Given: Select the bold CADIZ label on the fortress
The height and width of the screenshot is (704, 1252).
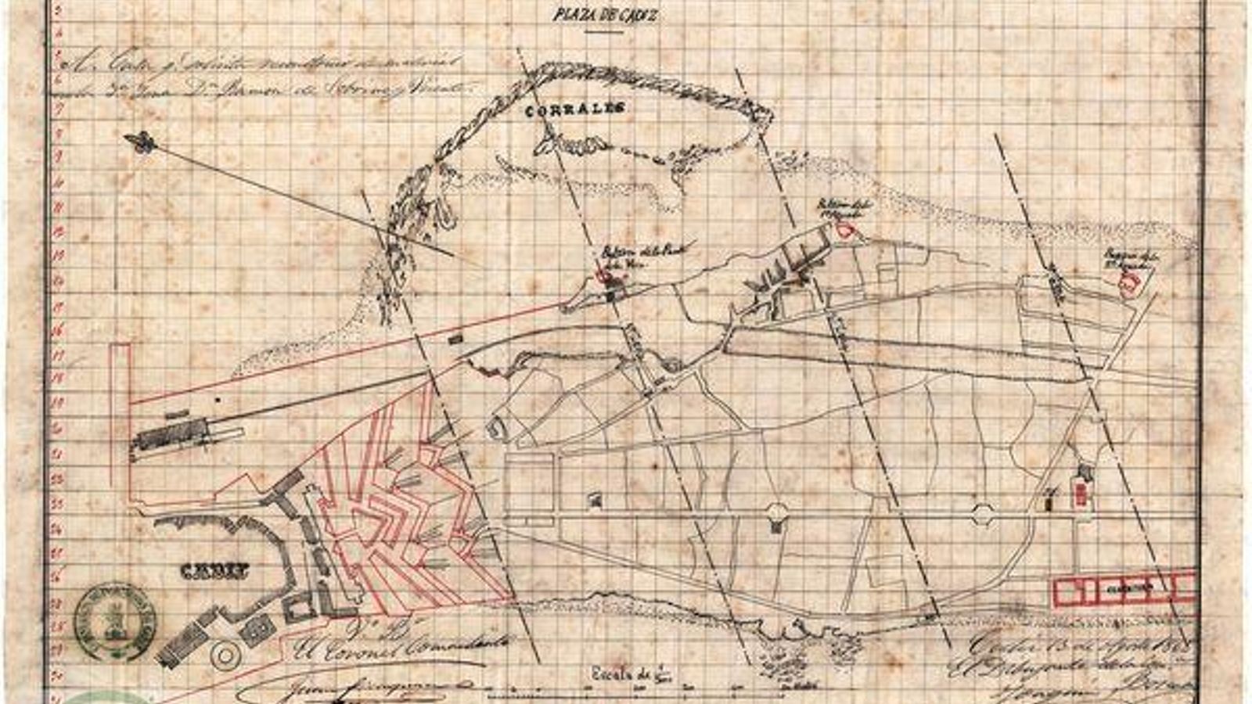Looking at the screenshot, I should (x=214, y=573).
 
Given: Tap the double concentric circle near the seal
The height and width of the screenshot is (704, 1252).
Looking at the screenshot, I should (x=224, y=656).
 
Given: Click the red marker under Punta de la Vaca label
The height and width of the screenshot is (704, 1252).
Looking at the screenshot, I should (x=603, y=275).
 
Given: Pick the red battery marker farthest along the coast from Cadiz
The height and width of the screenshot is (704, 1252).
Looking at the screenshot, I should (x=1127, y=286).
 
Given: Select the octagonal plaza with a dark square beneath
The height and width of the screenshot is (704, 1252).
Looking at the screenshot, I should (x=775, y=513).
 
